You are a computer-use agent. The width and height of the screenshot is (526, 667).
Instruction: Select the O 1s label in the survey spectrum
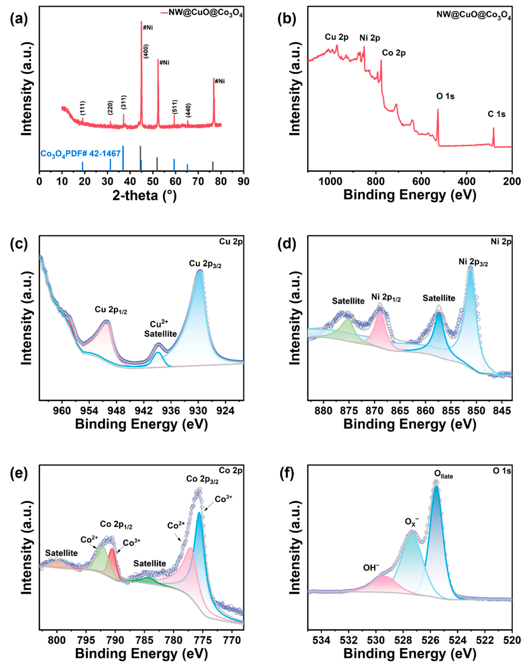445,96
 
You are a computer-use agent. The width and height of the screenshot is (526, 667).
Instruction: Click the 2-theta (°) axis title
144,195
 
